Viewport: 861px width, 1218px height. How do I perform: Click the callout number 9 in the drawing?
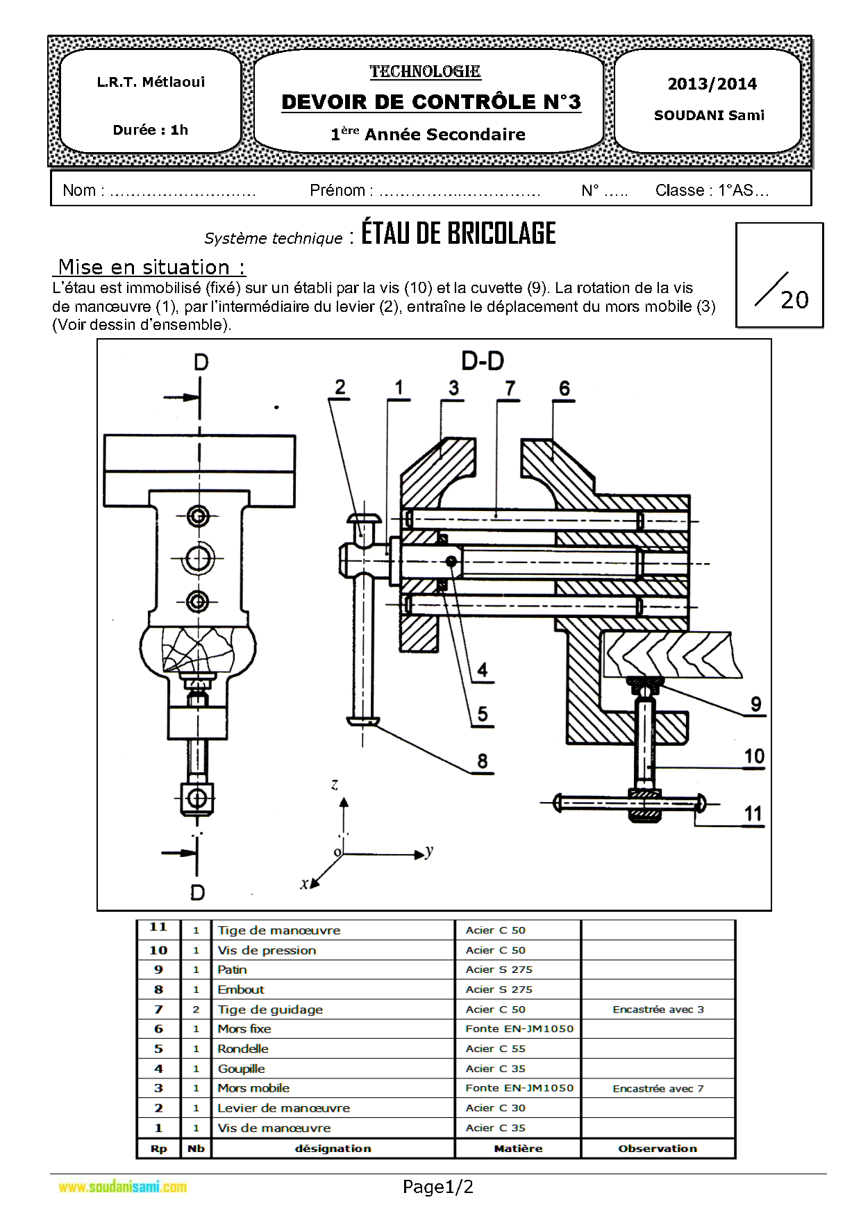756,705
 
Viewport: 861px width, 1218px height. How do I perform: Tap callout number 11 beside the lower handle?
753,814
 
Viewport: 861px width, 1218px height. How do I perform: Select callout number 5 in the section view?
483,715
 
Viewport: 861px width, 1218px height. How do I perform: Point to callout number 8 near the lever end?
483,762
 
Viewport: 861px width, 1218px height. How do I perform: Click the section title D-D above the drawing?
483,361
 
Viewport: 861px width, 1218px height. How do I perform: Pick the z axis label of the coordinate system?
335,785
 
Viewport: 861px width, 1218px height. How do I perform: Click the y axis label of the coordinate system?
429,852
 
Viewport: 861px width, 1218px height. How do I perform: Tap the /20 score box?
780,275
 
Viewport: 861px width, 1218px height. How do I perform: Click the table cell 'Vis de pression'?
267,950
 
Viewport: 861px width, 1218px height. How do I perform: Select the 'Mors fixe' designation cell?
244,1029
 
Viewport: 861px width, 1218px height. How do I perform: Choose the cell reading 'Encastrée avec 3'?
658,1010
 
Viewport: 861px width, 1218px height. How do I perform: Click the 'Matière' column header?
518,1149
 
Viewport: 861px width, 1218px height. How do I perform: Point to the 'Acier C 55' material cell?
496,1049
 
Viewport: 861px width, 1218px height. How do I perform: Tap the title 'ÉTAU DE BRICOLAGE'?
458,233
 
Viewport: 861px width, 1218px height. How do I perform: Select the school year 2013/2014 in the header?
712,84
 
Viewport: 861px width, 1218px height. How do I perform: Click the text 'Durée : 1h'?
151,130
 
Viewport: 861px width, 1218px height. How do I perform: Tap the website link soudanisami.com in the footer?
123,1187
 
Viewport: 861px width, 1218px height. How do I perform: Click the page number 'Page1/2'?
438,1187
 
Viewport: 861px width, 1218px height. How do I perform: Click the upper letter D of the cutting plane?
201,362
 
